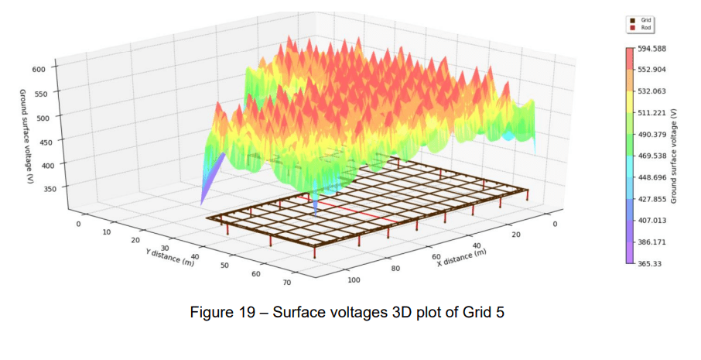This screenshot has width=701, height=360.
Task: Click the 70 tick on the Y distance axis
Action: pos(287,283)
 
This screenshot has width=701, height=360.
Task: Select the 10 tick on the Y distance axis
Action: pos(107,231)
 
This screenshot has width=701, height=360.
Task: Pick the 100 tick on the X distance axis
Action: pos(355,279)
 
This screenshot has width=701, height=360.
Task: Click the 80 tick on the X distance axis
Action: pos(396,269)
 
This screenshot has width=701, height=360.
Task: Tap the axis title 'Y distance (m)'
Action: pos(171,259)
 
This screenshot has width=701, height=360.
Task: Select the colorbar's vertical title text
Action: pos(675,155)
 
